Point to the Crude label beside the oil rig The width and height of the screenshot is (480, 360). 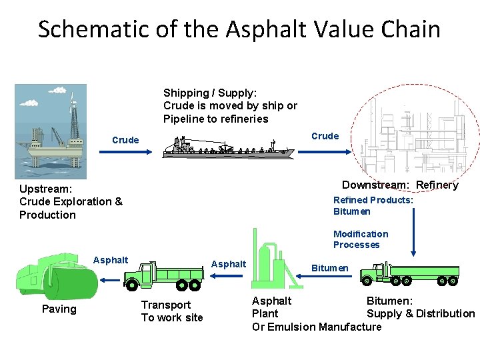click(125, 140)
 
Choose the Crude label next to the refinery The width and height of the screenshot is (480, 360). click(325, 136)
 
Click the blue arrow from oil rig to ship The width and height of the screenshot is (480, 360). click(126, 152)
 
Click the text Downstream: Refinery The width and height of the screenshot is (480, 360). click(400, 185)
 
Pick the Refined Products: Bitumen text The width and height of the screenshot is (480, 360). click(373, 205)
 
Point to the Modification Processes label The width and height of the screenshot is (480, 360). click(361, 239)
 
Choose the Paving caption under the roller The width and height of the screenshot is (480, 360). click(59, 309)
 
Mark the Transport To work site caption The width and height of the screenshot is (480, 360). click(171, 311)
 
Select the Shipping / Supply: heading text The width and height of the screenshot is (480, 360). click(210, 93)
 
